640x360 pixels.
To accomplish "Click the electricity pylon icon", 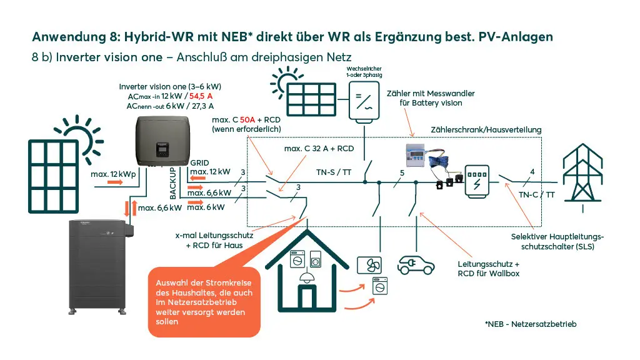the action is pos(582,176).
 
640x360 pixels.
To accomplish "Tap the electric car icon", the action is pos(416,265).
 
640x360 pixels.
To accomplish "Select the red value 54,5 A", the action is pos(201,96).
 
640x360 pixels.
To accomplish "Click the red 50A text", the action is pos(247,119).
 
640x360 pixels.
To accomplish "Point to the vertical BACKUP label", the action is pos(172,183).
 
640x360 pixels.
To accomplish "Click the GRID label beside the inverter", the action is pos(199,163).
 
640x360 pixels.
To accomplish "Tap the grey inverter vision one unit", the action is pos(163,141).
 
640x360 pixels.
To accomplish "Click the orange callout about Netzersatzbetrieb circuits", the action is pos(204,302).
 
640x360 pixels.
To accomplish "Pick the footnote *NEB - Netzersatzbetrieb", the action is pos(531,324).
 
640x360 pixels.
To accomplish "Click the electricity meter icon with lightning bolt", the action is pos(477,182).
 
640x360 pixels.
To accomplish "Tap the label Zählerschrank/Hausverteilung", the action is pos(486,130).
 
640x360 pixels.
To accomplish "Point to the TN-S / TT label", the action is pos(334,172).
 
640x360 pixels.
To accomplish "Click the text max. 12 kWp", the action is pos(113,174).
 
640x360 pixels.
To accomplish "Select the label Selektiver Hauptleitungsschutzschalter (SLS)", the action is pos(557,242).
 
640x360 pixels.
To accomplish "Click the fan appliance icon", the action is pos(369,266).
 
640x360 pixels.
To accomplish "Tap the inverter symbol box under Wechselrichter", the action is pos(364,101).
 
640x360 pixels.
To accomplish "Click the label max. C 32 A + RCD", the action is pos(319,149).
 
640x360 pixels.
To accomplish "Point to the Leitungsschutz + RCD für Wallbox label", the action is pos(489,269).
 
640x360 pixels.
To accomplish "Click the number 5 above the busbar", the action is pos(402,172).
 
